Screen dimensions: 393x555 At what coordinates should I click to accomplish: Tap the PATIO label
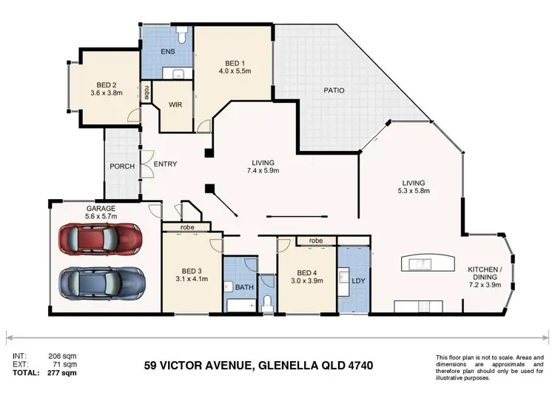coord(333,90)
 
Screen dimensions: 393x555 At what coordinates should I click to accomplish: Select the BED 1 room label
coord(229,62)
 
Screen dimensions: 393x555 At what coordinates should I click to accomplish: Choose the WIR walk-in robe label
coord(175,106)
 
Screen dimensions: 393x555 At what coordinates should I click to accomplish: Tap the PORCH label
coord(121,167)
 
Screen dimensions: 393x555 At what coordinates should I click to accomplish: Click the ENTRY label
coord(165,165)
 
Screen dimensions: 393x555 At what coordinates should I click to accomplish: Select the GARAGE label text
coord(100,209)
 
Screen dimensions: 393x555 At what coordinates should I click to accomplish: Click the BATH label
coord(243,286)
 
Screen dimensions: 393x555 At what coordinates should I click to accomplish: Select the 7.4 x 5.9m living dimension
coord(263,172)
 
